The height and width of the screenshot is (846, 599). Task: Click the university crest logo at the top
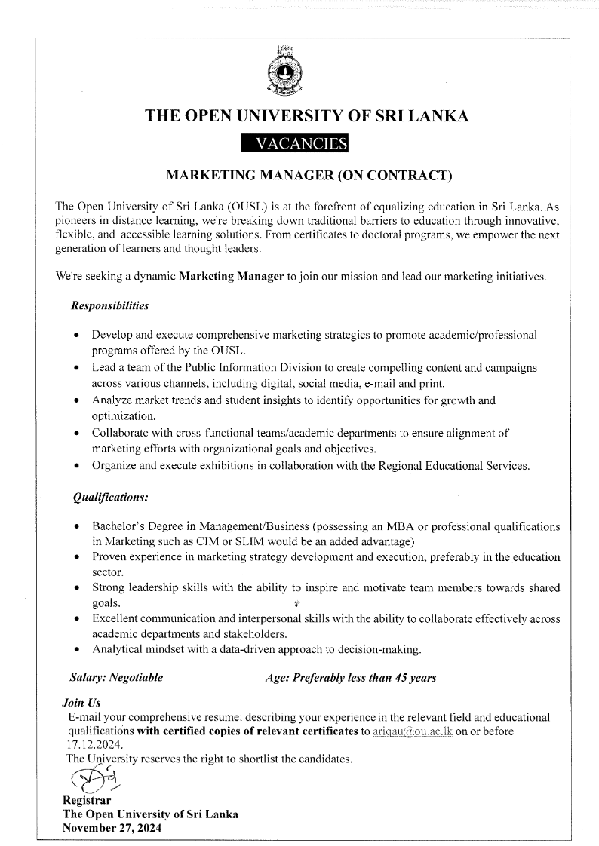284,73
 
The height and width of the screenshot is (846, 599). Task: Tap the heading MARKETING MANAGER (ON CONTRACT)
309,176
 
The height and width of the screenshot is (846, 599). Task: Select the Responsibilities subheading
109,306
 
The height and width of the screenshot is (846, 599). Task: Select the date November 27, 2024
112,826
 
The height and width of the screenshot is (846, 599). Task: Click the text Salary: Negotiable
116,678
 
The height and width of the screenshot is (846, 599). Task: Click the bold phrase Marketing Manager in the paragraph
232,277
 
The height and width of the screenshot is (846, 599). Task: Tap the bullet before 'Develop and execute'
78,334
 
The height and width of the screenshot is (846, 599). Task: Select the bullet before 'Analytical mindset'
78,648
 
